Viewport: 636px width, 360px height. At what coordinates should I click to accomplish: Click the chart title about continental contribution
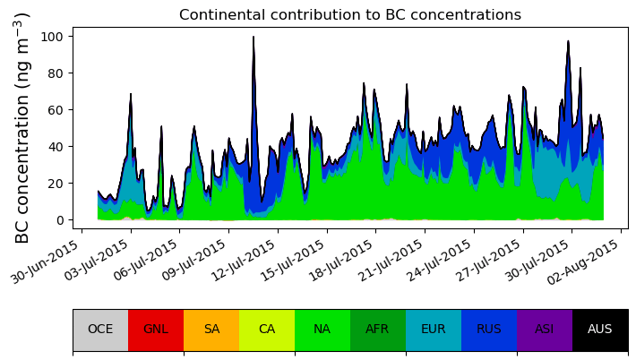pos(349,15)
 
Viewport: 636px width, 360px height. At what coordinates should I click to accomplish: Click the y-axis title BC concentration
pos(22,127)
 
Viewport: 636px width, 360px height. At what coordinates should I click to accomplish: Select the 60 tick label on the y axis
pos(55,110)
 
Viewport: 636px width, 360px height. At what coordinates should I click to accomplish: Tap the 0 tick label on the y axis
pos(58,220)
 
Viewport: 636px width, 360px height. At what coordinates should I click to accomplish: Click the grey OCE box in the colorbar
pos(100,330)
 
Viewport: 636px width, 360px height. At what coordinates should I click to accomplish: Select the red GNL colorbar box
pos(156,330)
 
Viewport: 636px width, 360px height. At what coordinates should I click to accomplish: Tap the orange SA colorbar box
pos(211,330)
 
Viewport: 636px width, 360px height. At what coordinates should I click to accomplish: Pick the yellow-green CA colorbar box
pos(267,330)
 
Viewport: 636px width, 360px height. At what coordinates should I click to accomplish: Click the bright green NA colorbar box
pos(322,330)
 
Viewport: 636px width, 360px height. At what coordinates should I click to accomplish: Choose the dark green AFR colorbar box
pos(378,330)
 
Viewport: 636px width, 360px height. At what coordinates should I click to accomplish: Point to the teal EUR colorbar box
pos(434,330)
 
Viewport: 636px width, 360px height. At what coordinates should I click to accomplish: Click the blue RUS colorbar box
pos(489,330)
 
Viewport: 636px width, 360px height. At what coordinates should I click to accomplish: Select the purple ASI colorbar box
pos(545,330)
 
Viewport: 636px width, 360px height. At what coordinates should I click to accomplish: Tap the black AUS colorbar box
pos(600,330)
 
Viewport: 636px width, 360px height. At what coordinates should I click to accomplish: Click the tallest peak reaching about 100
pos(254,39)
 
